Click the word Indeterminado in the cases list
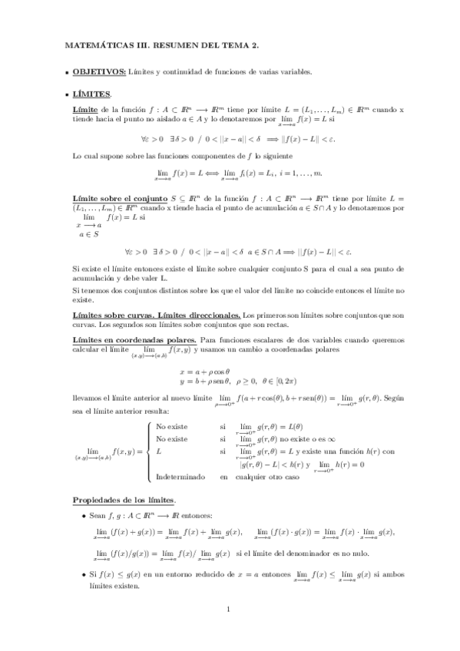click(180, 476)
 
